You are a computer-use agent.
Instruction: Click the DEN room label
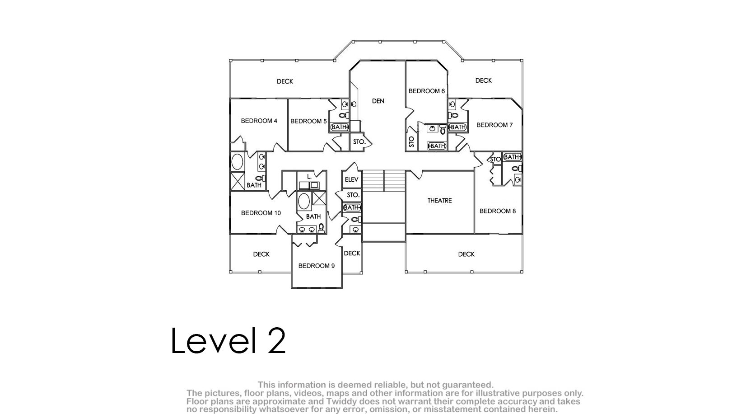[x=378, y=101]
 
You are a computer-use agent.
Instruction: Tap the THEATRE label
[x=439, y=201]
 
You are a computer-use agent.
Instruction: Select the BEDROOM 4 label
[x=259, y=121]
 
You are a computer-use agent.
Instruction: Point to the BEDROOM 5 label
[x=308, y=121]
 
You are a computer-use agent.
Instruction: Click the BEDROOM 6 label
[x=427, y=91]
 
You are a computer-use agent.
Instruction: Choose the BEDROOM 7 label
[x=494, y=125]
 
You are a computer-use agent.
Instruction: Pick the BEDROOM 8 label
[x=498, y=211]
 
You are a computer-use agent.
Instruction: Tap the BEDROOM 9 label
[x=317, y=266]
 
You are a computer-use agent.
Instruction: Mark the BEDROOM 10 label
[x=261, y=213]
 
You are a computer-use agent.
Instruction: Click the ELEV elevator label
[x=351, y=179]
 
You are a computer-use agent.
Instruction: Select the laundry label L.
[x=309, y=177]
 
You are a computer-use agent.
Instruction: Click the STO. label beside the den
[x=359, y=142]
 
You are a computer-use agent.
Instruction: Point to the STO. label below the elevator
[x=353, y=195]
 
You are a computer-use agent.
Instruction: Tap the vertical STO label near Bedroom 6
[x=411, y=142]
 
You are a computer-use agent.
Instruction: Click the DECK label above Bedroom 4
[x=285, y=81]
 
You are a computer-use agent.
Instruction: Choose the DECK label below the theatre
[x=466, y=254]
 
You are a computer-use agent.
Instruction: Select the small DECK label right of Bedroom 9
[x=352, y=253]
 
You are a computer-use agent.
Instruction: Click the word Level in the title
[x=214, y=340]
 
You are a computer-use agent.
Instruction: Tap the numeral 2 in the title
[x=276, y=340]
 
